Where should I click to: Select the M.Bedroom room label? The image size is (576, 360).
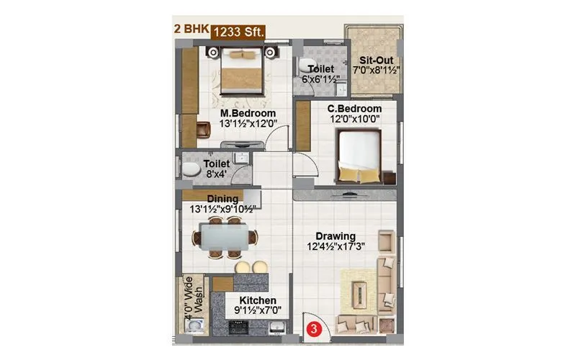[247, 114]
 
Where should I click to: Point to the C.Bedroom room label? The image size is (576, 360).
[348, 108]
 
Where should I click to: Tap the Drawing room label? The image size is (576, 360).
[334, 236]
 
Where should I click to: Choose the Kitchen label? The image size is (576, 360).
[256, 300]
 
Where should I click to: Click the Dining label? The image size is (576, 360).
[222, 199]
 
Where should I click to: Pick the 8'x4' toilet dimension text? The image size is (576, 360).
[215, 174]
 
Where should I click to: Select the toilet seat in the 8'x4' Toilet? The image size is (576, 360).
[190, 170]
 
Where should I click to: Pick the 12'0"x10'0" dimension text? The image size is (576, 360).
[348, 119]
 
